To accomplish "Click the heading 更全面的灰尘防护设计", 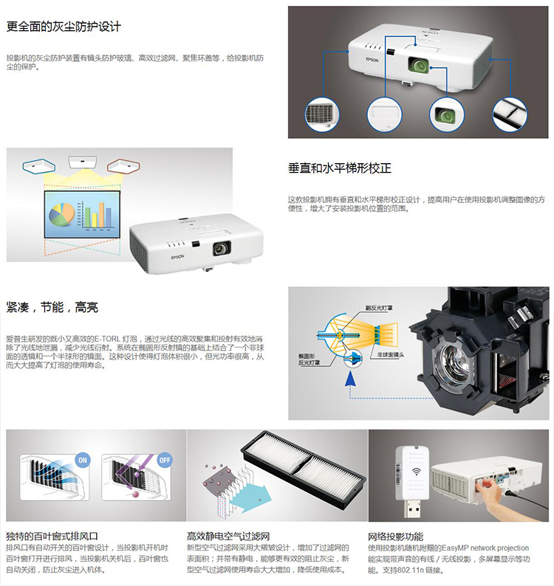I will coord(64,27).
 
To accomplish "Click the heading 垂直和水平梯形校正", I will coord(340,168).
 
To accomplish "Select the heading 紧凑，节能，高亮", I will coord(52,307).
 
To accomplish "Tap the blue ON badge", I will coord(82,460).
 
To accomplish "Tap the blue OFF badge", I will coord(164,459).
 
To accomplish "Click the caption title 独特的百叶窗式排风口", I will coord(52,536).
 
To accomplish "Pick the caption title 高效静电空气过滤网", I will coord(228,536).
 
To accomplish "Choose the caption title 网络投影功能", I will coord(395,536).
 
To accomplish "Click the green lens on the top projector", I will coord(421,66).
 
